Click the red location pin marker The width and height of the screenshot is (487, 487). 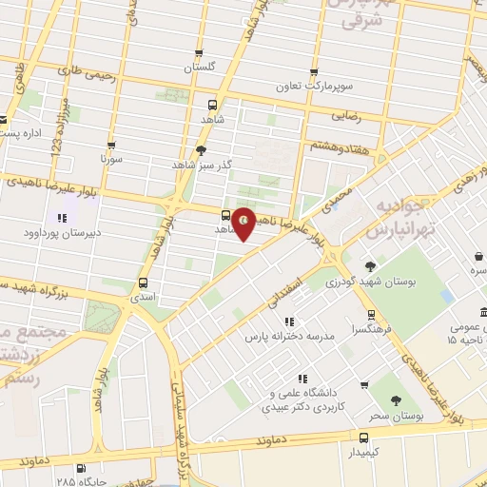[x=244, y=222]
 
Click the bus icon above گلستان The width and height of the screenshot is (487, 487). [x=199, y=53]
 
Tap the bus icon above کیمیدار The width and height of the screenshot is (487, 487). [x=363, y=438]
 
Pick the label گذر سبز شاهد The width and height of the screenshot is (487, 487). [x=225, y=165]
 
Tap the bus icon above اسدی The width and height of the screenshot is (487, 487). [x=143, y=282]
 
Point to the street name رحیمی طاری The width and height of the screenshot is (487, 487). [x=86, y=71]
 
